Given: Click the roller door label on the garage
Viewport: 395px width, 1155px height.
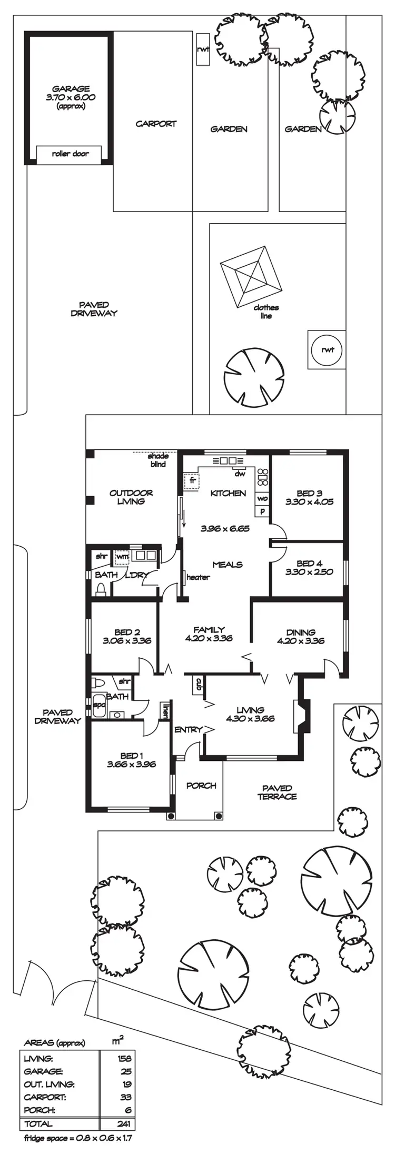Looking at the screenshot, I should pos(70,154).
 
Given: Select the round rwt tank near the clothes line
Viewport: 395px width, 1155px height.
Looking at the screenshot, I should pos(327,350).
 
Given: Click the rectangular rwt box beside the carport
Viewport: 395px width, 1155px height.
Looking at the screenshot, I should pos(203,49).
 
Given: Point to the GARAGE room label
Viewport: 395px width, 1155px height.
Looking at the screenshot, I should pos(71,89).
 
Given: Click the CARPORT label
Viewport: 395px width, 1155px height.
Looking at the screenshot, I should pos(156,124).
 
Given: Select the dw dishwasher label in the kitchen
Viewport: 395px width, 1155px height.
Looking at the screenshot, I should pos(240,474).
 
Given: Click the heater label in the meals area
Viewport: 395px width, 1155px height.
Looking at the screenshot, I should pos(198,577).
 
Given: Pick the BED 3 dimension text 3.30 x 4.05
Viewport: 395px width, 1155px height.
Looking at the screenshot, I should pos(309,502).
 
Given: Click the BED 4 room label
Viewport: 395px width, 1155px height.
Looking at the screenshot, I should pos(309,563).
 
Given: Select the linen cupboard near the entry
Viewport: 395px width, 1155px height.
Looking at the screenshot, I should pos(166,710).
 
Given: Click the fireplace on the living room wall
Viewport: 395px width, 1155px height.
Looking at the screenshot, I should pos(302,716).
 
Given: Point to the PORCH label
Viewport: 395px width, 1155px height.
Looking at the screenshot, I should pos(201,786).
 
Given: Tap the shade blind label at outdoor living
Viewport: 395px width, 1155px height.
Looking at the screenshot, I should pos(158,460).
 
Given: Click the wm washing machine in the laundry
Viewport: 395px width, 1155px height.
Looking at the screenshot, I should pos(122,556).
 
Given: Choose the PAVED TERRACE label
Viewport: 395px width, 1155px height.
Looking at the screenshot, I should pos(277,792).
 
